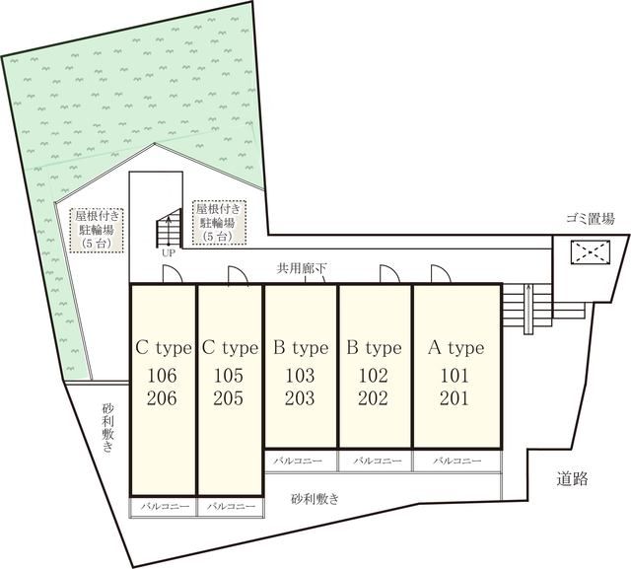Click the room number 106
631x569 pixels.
click(x=162, y=376)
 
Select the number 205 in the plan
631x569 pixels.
click(x=228, y=398)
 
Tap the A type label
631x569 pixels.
click(x=456, y=348)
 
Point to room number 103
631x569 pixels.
click(x=300, y=376)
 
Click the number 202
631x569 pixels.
click(x=373, y=398)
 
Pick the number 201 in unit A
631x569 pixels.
click(x=455, y=398)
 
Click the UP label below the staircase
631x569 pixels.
click(x=169, y=253)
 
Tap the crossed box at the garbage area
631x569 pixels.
click(x=590, y=252)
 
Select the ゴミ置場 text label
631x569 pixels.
click(x=591, y=219)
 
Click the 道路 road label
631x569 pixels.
click(x=572, y=479)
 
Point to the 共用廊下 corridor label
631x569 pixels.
click(x=302, y=268)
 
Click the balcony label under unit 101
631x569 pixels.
click(x=457, y=461)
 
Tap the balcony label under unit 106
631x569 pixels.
click(x=165, y=506)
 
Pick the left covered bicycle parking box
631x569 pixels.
click(x=97, y=230)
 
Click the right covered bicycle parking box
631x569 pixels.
click(x=219, y=222)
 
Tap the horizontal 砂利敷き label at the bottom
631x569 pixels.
click(x=315, y=499)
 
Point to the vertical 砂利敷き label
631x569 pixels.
click(x=107, y=428)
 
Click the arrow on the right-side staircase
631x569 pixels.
click(x=528, y=309)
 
